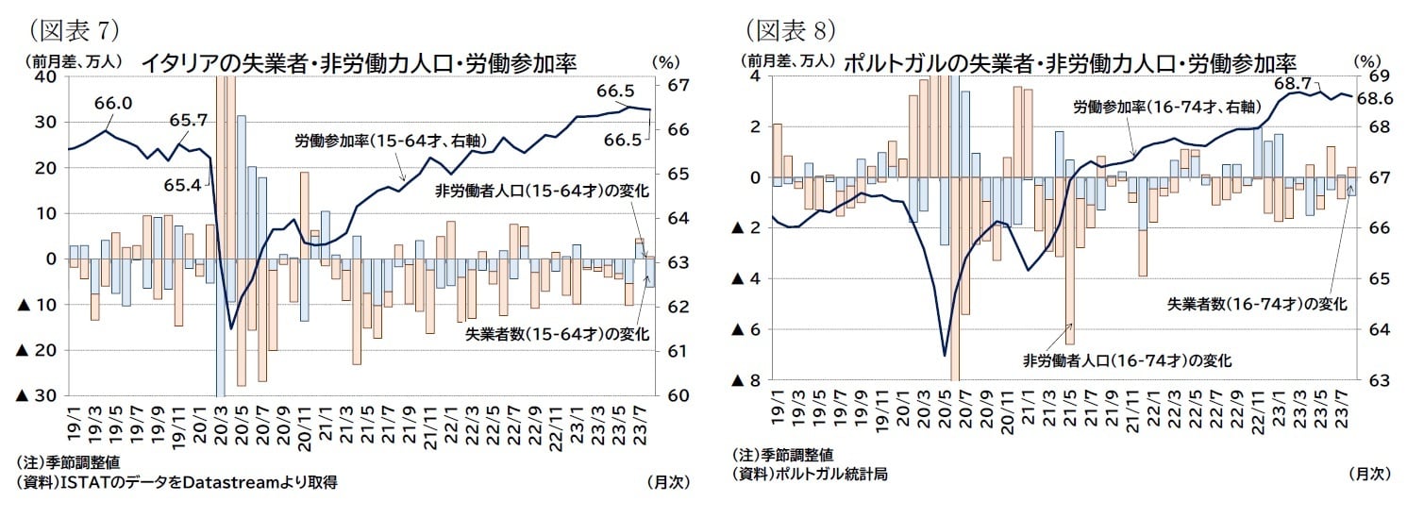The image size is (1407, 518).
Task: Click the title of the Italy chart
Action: (x=359, y=62)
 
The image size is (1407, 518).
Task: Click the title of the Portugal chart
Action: (x=1068, y=62)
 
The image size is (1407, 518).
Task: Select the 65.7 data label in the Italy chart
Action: (x=189, y=121)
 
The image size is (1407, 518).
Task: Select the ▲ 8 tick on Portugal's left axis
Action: (x=746, y=380)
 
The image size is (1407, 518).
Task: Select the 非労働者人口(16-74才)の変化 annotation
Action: (x=1128, y=359)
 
